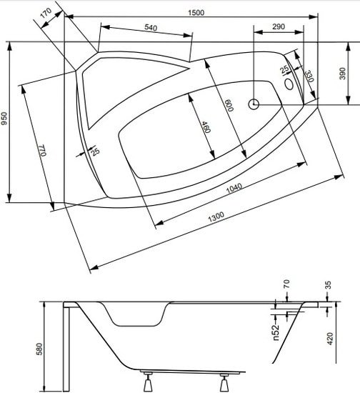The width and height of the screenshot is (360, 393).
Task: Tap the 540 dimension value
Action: point(149,28)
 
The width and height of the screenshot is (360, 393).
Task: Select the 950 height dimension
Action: point(6,119)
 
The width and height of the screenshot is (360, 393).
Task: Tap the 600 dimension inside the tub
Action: point(228,106)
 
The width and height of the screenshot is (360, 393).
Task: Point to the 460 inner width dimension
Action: point(205,128)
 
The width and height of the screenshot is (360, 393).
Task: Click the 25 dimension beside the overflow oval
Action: point(284,69)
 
